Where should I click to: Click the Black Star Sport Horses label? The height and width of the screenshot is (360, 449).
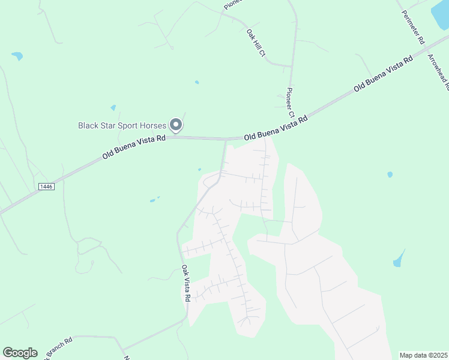pos(122,125)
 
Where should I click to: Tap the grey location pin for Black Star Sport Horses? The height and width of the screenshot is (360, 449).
pos(176,124)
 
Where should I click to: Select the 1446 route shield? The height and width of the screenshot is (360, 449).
pos(46,187)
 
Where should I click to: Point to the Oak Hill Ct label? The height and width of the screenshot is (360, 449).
pos(256,43)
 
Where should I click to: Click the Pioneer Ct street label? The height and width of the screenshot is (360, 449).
pos(290,102)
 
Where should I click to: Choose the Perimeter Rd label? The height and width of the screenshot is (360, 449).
pos(412,28)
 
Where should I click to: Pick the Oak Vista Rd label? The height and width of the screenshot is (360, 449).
pos(187,284)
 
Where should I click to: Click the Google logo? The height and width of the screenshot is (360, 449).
pos(20,353)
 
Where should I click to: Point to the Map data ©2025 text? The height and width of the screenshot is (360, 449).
pos(423,355)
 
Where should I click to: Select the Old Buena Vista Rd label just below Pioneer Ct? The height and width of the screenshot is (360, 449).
pos(276,128)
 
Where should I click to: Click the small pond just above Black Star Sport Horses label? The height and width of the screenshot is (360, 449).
pos(113,108)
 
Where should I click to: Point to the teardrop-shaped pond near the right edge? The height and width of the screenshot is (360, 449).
pos(399,259)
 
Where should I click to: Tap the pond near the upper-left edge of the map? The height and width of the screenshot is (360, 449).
pos(17,56)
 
